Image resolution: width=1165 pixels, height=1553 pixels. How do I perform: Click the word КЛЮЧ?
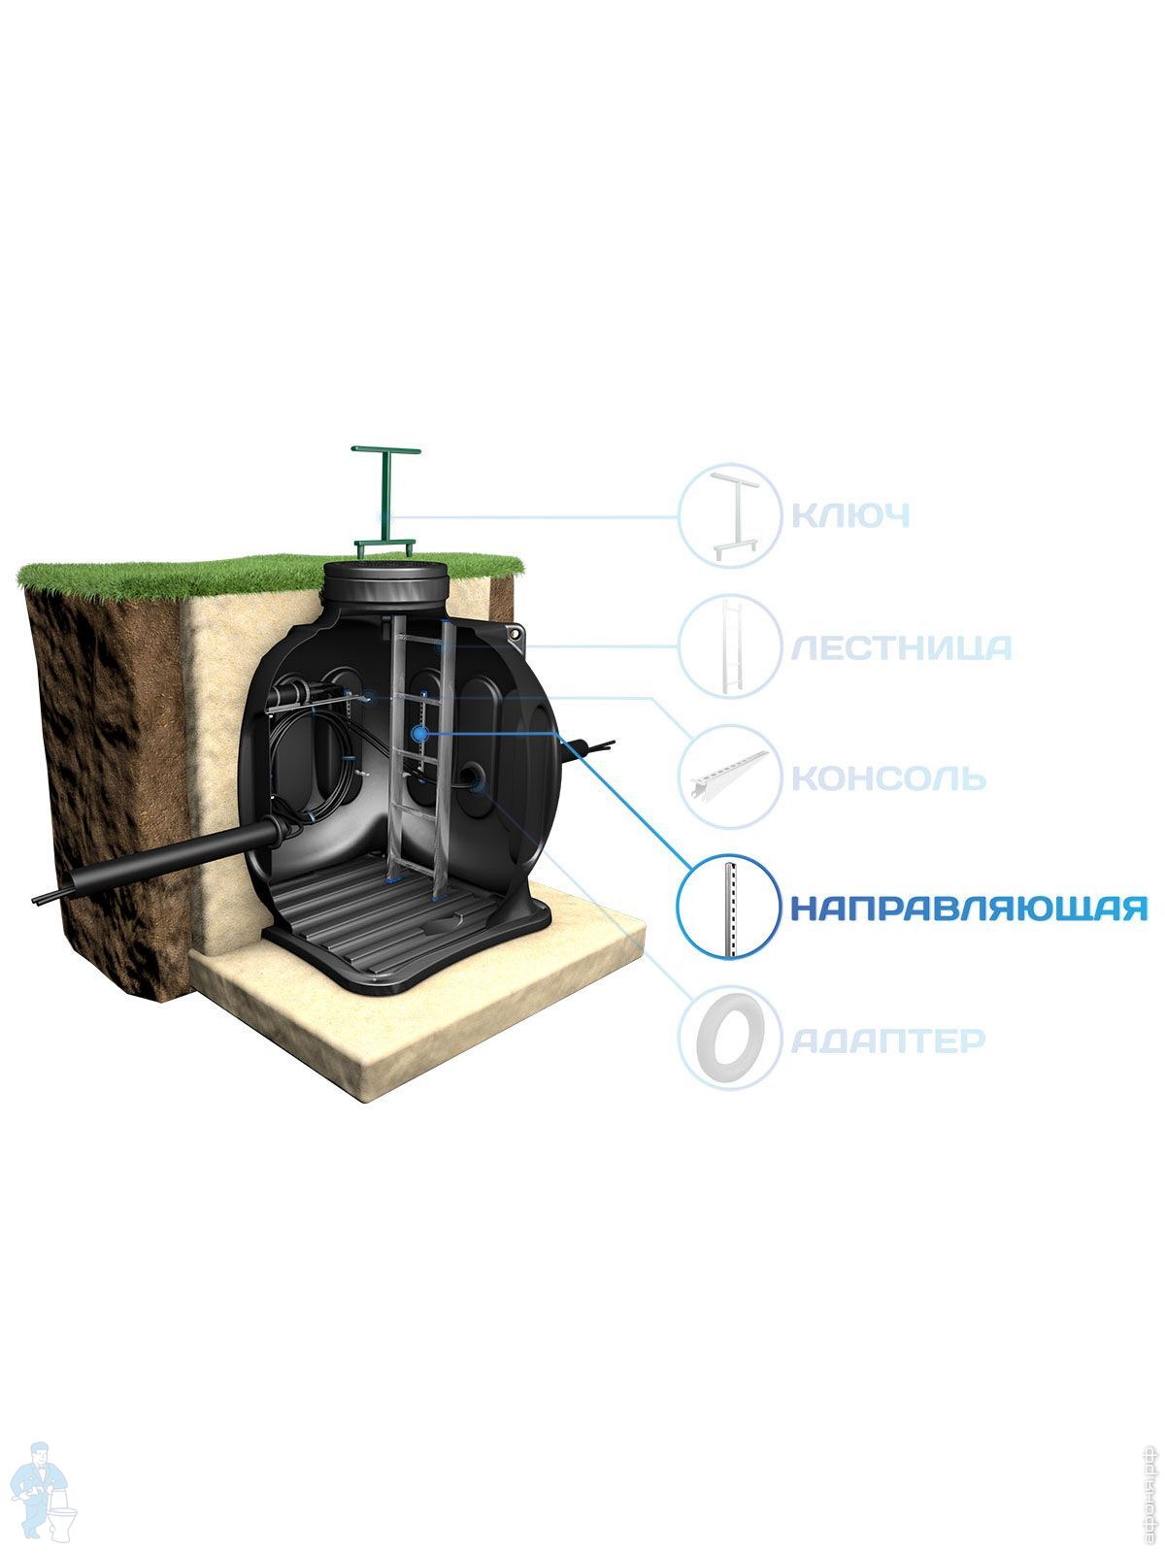point(850,515)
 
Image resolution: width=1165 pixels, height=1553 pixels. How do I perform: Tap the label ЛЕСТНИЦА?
point(901,647)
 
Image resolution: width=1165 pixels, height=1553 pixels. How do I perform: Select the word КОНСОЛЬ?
point(888,778)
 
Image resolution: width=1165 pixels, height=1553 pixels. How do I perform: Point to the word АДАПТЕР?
point(888,1041)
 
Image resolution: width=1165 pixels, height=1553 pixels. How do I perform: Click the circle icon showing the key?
point(729,515)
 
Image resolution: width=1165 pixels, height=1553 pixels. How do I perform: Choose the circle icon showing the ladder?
point(729,646)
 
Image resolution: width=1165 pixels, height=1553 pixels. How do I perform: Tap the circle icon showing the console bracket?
point(729,777)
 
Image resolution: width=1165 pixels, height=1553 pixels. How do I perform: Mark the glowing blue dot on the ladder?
point(419,735)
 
